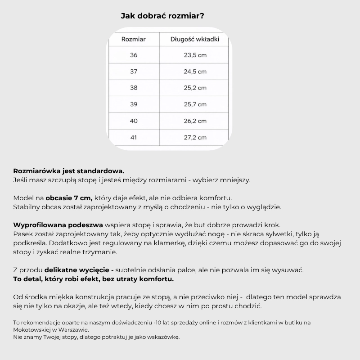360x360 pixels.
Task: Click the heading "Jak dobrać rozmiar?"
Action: coord(163,16)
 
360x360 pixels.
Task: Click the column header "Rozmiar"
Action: coord(134,39)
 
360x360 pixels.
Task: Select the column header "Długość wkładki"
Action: coord(195,39)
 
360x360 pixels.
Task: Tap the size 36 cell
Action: coord(134,55)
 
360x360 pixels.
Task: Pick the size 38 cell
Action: coord(134,88)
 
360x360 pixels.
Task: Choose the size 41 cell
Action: coord(134,137)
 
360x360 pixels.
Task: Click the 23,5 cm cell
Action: coord(195,55)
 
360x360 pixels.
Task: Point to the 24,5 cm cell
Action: coord(195,72)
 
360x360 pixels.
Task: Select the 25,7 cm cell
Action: coord(195,104)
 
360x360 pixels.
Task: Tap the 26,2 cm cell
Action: coord(195,121)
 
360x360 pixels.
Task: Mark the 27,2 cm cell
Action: coord(195,137)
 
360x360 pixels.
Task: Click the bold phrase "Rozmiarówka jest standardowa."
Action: coord(69,171)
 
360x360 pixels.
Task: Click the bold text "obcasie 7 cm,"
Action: coord(69,198)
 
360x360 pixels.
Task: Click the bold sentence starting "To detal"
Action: coord(94,279)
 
